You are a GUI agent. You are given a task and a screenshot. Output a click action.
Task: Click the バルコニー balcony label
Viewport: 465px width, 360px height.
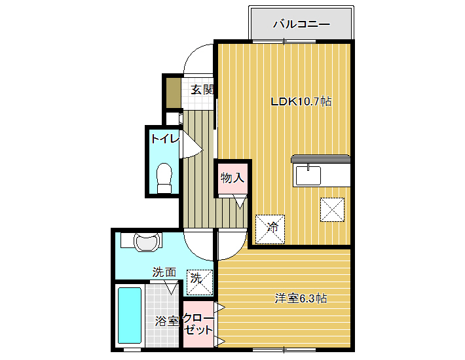pyautogui.click(x=301, y=24)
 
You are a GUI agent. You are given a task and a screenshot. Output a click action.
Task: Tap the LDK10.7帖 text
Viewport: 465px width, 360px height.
pyautogui.click(x=301, y=101)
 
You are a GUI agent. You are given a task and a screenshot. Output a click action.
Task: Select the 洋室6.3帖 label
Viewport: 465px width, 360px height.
pyautogui.click(x=301, y=298)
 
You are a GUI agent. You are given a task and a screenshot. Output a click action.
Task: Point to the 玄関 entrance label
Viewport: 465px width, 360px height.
pyautogui.click(x=202, y=90)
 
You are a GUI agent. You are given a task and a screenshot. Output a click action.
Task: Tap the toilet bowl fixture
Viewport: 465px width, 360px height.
pyautogui.click(x=164, y=178)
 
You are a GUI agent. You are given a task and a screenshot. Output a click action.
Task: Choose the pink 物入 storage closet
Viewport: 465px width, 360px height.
pyautogui.click(x=232, y=178)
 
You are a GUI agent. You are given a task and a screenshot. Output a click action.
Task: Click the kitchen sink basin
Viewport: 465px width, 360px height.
pyautogui.click(x=308, y=175)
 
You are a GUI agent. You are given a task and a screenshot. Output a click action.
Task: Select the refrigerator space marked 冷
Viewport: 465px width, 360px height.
pyautogui.click(x=270, y=229)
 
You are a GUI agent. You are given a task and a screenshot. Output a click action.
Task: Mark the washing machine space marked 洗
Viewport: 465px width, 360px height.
pyautogui.click(x=200, y=282)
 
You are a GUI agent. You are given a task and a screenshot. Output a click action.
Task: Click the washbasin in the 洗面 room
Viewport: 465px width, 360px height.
pyautogui.click(x=146, y=242)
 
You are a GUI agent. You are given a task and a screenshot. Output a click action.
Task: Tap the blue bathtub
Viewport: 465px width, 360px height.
pyautogui.click(x=130, y=315)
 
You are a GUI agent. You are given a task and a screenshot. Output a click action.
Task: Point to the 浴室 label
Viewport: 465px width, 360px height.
pyautogui.click(x=166, y=321)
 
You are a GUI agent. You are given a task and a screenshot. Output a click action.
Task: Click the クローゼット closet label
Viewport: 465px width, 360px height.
pyautogui.click(x=198, y=324)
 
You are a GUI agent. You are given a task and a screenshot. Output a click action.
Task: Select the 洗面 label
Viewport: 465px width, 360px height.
pyautogui.click(x=164, y=272)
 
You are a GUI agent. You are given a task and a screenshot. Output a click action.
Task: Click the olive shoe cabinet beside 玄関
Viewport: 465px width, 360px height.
pyautogui.click(x=173, y=93)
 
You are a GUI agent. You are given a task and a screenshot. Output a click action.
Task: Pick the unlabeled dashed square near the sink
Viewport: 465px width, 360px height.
pyautogui.click(x=332, y=209)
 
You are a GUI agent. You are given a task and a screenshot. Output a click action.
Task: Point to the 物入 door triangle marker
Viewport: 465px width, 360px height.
pyautogui.click(x=240, y=202)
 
